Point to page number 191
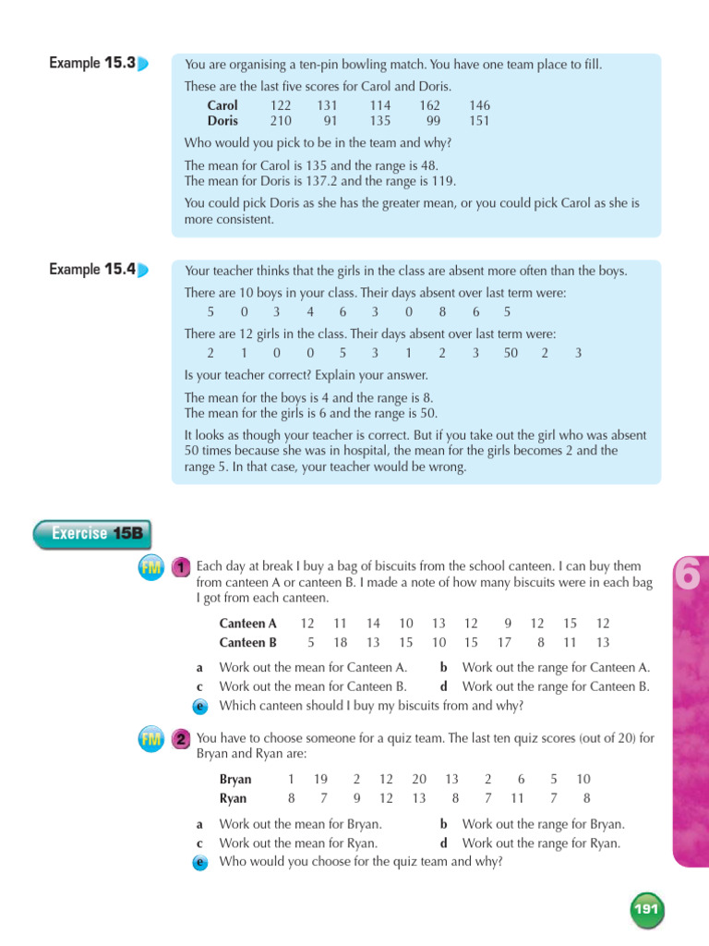(646, 910)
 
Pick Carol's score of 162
(429, 106)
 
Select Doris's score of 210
(281, 121)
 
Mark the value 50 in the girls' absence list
(511, 353)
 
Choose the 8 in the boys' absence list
(442, 312)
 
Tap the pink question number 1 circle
(182, 566)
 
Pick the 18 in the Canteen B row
(340, 643)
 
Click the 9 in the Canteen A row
(508, 625)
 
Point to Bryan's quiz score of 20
(419, 780)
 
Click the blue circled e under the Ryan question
(199, 862)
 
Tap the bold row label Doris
(222, 121)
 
